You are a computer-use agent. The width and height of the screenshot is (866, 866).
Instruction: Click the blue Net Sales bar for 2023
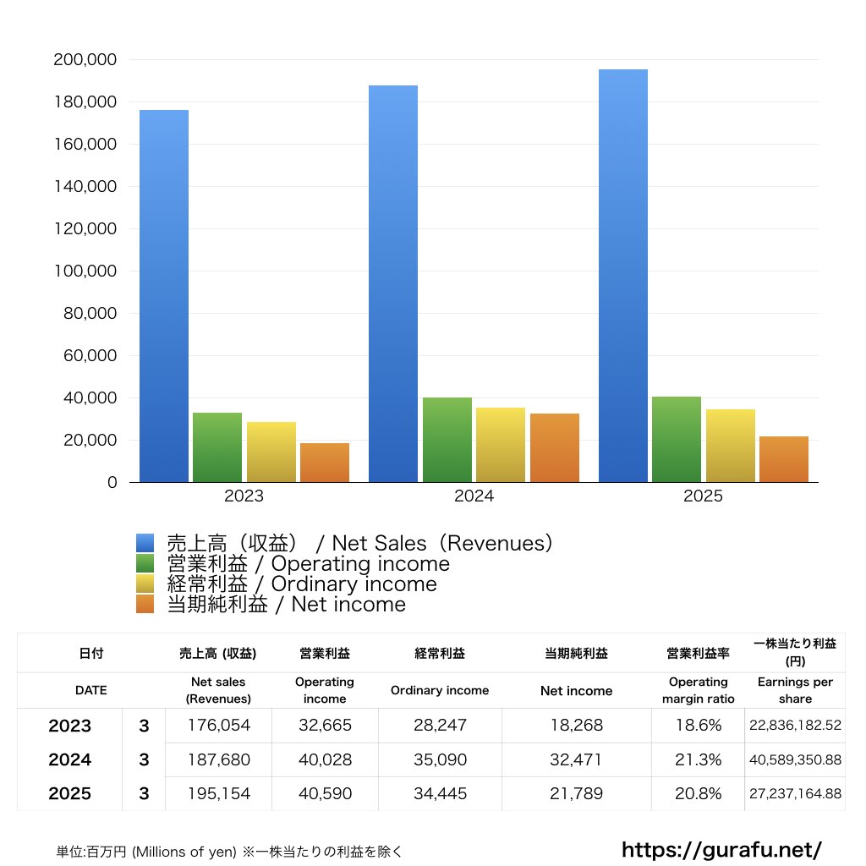click(164, 296)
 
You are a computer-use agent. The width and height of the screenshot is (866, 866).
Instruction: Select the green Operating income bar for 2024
click(447, 440)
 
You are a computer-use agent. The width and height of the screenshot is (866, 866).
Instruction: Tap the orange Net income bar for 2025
click(784, 459)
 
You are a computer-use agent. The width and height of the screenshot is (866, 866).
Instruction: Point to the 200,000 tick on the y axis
click(85, 60)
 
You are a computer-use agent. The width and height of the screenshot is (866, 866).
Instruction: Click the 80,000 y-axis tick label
click(89, 314)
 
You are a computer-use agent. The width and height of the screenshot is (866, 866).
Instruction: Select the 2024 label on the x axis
click(474, 496)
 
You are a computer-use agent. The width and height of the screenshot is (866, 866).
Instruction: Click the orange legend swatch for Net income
click(145, 605)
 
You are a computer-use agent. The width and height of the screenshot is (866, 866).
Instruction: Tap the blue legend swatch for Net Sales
click(145, 544)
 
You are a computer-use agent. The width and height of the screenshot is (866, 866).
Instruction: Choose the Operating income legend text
click(308, 564)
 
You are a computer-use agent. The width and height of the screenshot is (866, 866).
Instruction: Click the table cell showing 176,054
click(218, 726)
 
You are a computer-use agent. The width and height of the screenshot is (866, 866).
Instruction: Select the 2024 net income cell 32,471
click(576, 759)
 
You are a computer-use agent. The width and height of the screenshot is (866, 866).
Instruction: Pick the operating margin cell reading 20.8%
click(699, 794)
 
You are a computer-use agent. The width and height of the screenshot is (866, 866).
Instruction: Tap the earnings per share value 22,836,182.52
click(795, 726)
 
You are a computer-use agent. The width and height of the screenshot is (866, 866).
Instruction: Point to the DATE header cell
click(90, 690)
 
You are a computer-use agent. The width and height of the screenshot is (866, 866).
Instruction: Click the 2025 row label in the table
click(69, 794)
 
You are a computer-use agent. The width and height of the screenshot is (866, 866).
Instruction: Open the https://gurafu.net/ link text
click(721, 849)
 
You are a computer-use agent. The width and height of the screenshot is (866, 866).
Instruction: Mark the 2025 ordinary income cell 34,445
click(440, 794)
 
